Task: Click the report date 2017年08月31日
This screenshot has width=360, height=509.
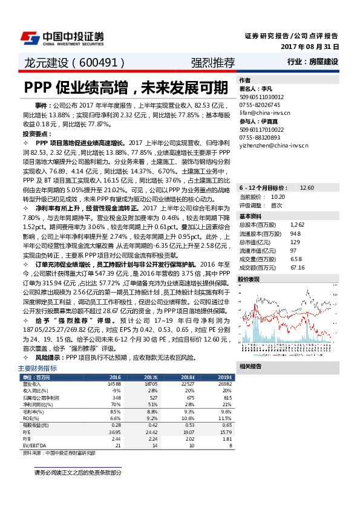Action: click(310, 46)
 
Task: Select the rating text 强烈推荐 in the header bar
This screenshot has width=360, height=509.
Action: click(212, 62)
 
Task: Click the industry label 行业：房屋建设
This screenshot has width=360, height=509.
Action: click(313, 62)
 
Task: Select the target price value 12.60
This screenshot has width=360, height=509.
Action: click(307, 188)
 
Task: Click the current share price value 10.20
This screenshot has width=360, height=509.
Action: click(278, 196)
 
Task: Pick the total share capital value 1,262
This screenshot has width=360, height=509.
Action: click(296, 224)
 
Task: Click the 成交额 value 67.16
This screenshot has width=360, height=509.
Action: click(297, 267)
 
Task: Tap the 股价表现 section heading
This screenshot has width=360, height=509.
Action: click(250, 279)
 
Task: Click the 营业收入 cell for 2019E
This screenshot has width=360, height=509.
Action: click(224, 383)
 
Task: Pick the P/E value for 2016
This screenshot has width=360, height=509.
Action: click(114, 432)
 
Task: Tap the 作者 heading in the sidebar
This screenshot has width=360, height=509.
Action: click(245, 80)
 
